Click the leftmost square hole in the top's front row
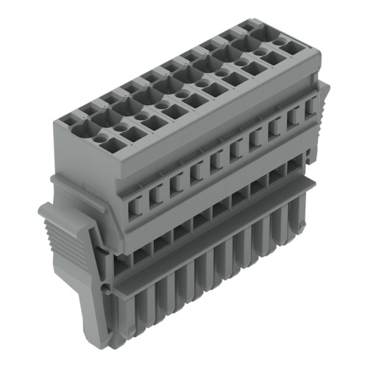pyautogui.click(x=119, y=138)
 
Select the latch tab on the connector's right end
pyautogui.click(x=322, y=96)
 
